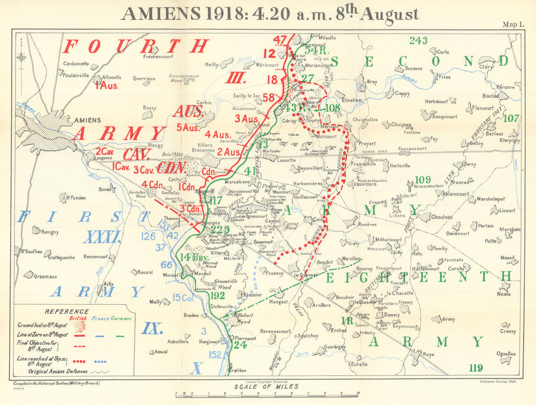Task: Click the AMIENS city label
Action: [85, 121]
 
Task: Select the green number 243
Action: [418, 41]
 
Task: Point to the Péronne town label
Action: [505, 86]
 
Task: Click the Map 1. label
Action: [513, 24]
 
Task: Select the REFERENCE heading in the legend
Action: [66, 311]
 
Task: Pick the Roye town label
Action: [429, 355]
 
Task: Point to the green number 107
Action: [511, 119]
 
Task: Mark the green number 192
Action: [218, 295]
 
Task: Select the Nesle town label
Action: [504, 293]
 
